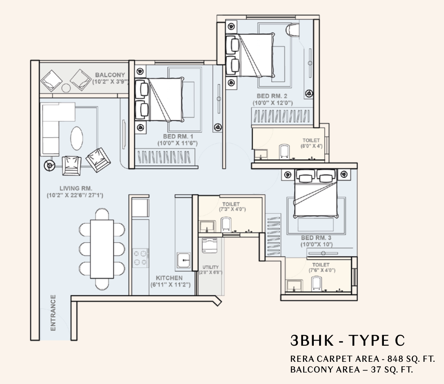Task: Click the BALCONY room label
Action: (x=110, y=75)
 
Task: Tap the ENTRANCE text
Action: (x=53, y=313)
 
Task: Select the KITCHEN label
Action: (x=169, y=278)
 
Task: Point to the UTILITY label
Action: (x=210, y=267)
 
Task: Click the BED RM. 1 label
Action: (x=178, y=136)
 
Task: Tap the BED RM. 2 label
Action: (x=272, y=96)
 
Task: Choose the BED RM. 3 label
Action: (x=316, y=238)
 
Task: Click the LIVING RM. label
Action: (x=76, y=188)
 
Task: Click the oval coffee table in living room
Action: (x=77, y=138)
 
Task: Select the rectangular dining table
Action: (x=102, y=249)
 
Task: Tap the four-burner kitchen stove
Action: (x=141, y=258)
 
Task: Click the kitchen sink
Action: (x=184, y=260)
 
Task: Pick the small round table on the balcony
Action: (x=66, y=88)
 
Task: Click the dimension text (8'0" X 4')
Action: (x=311, y=146)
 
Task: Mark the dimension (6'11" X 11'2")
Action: (x=170, y=285)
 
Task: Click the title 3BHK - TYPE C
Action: (x=347, y=340)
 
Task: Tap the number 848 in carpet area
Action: (x=395, y=359)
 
